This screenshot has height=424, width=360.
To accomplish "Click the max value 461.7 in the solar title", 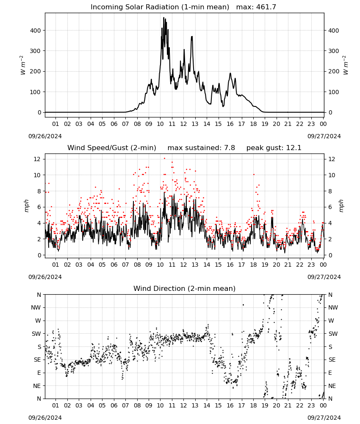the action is point(266,7).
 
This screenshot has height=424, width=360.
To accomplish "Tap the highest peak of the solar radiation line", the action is point(163,18).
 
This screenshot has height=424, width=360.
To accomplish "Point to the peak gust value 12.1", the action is point(294,148).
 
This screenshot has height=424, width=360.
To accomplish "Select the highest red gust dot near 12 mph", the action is point(164,159).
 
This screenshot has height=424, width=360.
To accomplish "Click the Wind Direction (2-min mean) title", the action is point(185,288).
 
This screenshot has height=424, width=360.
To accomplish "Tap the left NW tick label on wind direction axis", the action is point(36,307).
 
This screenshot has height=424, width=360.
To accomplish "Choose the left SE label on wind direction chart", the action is point(37,360).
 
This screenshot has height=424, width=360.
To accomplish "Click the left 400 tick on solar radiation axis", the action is point(36,31).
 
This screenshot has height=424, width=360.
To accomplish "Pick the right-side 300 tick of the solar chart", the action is point(334,51).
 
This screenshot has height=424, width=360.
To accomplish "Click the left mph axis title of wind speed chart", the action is point(26,206).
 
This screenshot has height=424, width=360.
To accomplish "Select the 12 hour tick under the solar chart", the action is point(183,124).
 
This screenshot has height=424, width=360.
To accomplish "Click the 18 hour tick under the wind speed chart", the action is point(253,265).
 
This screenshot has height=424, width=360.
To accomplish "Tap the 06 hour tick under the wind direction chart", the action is point(114,405).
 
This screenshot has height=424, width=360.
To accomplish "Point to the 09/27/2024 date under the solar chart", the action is point(324,136).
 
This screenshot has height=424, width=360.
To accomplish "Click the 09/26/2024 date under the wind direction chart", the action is point(45,418).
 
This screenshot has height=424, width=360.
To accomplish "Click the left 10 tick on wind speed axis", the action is point(37,175).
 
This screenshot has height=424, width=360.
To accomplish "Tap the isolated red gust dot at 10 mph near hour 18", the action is point(254,175).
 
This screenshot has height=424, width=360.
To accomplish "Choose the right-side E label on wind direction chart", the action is point(330,373).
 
